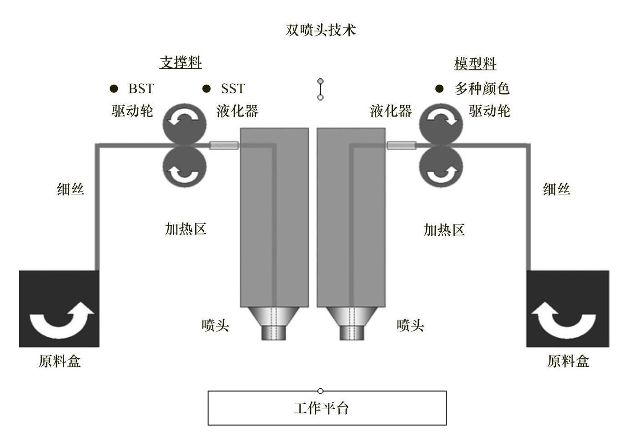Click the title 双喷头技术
320,30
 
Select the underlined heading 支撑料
181,62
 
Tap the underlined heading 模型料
475,64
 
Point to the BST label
141,88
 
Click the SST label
233,88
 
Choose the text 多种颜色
482,88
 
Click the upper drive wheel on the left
184,123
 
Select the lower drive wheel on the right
440,167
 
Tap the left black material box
59,309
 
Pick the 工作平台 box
327,408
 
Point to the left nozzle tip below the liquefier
275,331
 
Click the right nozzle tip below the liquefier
352,331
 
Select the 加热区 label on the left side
186,229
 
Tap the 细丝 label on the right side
557,189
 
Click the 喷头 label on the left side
215,325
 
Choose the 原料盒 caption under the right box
568,361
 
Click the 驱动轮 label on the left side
132,111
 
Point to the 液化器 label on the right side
391,111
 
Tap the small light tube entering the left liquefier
224,146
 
